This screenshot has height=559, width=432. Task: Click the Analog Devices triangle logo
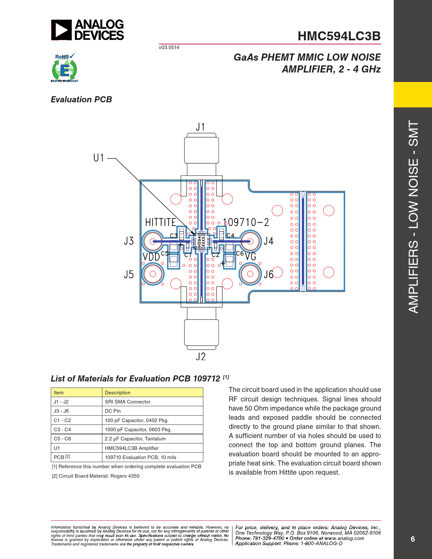61,30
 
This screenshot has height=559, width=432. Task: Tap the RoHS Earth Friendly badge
65,68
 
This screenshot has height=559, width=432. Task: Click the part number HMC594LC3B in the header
339,36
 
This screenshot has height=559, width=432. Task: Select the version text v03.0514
169,47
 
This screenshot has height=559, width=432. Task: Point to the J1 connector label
200,127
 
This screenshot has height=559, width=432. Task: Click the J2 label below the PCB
201,356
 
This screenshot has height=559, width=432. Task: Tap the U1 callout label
99,158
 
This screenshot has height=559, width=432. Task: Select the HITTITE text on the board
161,222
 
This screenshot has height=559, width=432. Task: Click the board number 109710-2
246,222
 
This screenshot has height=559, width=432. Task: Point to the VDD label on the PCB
151,257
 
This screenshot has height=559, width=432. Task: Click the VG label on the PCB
250,256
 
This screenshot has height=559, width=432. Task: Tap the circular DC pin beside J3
153,241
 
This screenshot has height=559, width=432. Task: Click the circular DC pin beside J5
153,274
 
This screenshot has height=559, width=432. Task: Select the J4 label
269,241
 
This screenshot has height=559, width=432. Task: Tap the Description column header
152,392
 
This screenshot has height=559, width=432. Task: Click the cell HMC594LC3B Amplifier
152,448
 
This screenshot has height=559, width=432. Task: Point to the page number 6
413,539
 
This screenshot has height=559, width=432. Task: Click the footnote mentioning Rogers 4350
96,476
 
